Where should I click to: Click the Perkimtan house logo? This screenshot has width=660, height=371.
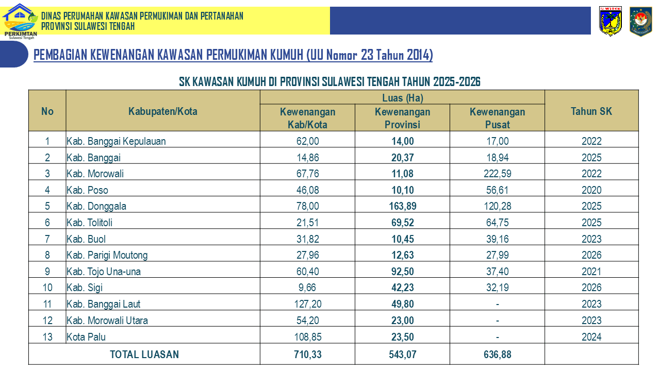tap(20, 21)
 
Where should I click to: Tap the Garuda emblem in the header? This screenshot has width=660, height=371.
tap(640, 21)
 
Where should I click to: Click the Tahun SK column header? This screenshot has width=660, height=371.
tap(591, 111)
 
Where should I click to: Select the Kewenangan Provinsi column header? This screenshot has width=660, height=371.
tap(402, 118)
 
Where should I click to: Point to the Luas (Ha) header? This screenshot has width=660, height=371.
tap(403, 98)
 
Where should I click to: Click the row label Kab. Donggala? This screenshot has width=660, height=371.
tap(96, 206)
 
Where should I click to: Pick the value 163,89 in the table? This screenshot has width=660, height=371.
tap(403, 206)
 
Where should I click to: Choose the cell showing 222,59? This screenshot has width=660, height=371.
tap(498, 174)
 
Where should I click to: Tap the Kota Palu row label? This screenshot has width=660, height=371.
tap(86, 337)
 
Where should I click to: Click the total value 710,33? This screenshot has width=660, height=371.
tap(308, 355)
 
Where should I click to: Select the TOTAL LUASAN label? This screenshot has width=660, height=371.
tap(144, 355)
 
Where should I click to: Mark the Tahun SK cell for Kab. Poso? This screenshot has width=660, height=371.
tap(591, 190)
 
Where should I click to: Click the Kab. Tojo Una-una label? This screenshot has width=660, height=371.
tap(104, 272)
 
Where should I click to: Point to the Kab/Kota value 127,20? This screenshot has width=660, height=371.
tap(308, 304)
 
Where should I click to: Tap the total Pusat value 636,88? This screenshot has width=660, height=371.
tap(498, 355)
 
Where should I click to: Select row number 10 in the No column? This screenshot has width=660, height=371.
tap(47, 288)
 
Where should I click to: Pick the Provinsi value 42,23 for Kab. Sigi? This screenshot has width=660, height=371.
tap(403, 288)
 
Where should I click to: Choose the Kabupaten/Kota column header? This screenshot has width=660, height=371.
tap(162, 111)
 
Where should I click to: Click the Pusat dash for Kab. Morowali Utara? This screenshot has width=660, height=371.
tap(498, 321)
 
